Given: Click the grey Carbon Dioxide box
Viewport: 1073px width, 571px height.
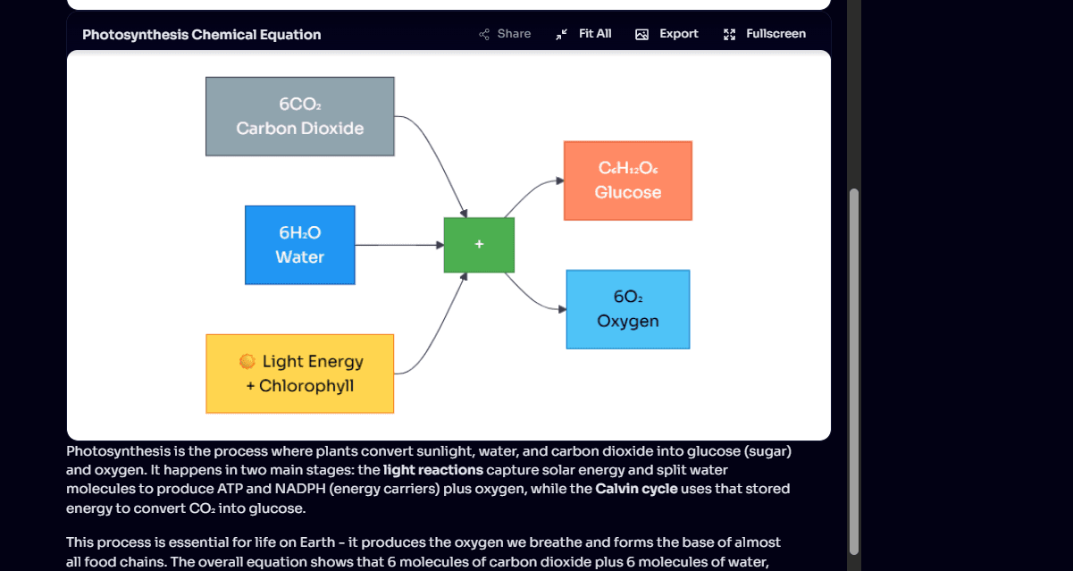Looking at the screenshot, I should (299, 116).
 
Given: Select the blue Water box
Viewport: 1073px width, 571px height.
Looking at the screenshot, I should (299, 245).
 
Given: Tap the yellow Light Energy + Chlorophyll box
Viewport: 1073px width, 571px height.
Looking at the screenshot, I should (299, 374).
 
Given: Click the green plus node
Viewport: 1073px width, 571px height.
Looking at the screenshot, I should (479, 245).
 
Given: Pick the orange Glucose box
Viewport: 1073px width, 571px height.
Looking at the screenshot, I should (627, 181).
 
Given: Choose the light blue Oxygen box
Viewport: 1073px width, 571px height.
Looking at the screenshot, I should (627, 309).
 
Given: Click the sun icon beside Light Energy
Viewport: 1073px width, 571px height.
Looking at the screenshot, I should (247, 361).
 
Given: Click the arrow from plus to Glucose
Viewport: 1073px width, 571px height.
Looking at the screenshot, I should (532, 188).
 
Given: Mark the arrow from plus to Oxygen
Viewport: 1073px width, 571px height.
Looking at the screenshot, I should (532, 301).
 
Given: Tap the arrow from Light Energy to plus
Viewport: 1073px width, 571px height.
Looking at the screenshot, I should (438, 331).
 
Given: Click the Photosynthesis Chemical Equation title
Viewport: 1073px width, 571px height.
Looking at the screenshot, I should (201, 35).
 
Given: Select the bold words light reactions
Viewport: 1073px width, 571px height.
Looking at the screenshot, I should (433, 470).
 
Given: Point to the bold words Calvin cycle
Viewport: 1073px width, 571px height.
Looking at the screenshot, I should (636, 489).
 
